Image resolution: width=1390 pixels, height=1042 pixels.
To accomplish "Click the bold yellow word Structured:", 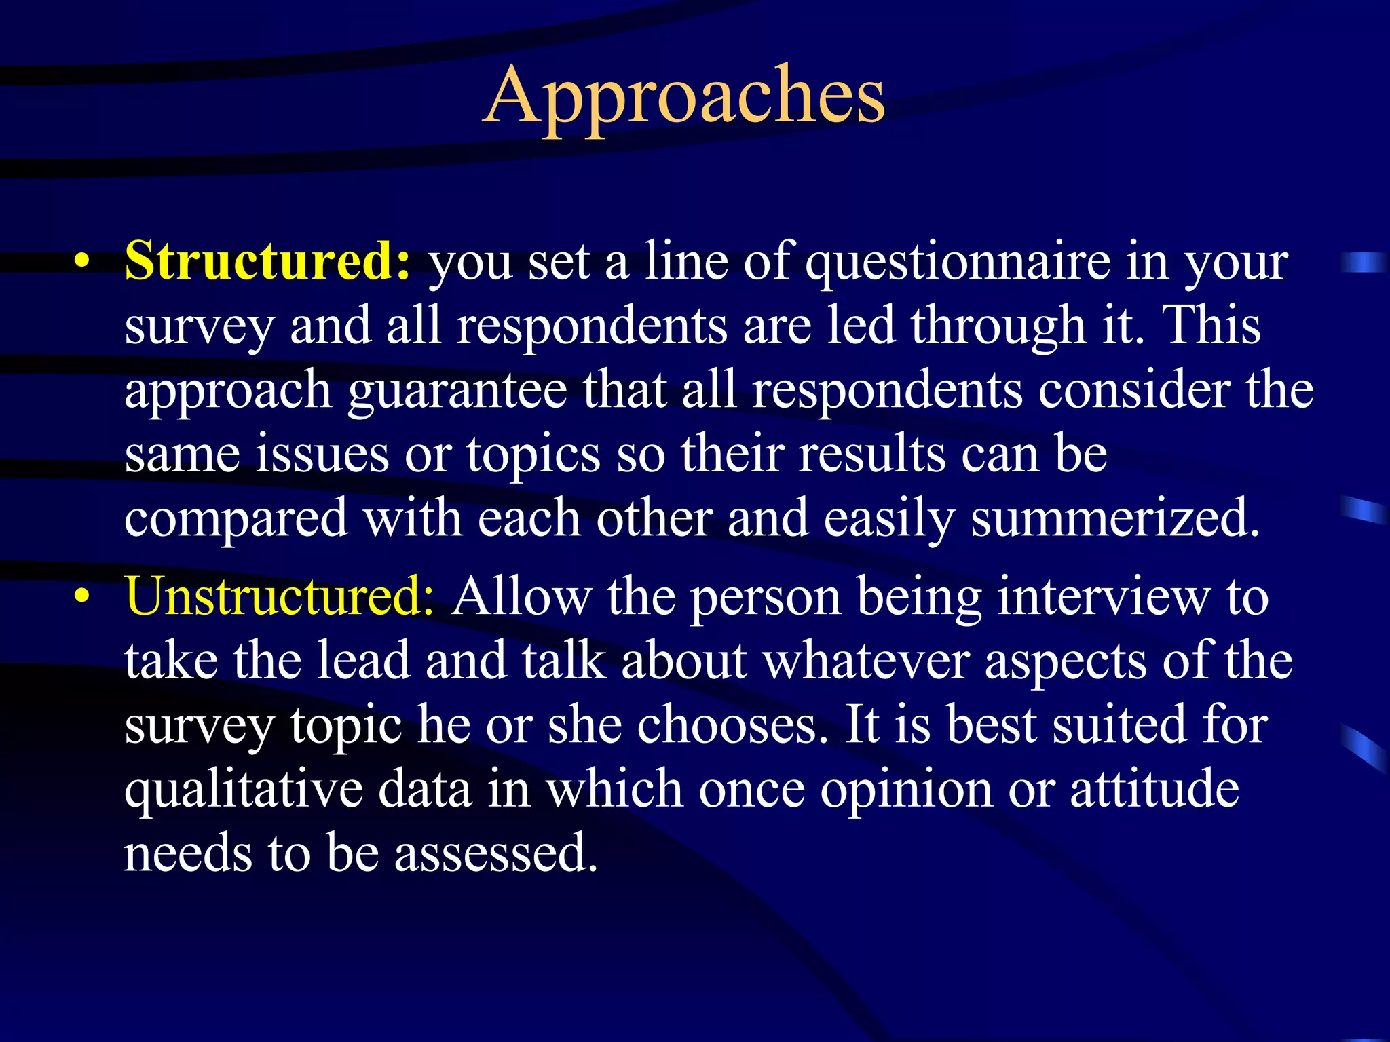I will (267, 261).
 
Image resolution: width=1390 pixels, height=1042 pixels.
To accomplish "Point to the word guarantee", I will (457, 392).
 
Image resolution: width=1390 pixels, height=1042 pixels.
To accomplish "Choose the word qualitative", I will (243, 790).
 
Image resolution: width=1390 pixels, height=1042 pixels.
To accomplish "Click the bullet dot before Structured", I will (82, 262).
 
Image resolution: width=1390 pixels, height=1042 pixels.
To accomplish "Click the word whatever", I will (866, 661).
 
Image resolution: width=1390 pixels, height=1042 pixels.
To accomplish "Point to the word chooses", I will (688, 725).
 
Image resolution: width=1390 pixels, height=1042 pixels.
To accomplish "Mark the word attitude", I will (1154, 788).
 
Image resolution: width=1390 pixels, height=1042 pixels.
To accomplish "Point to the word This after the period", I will (1212, 326).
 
